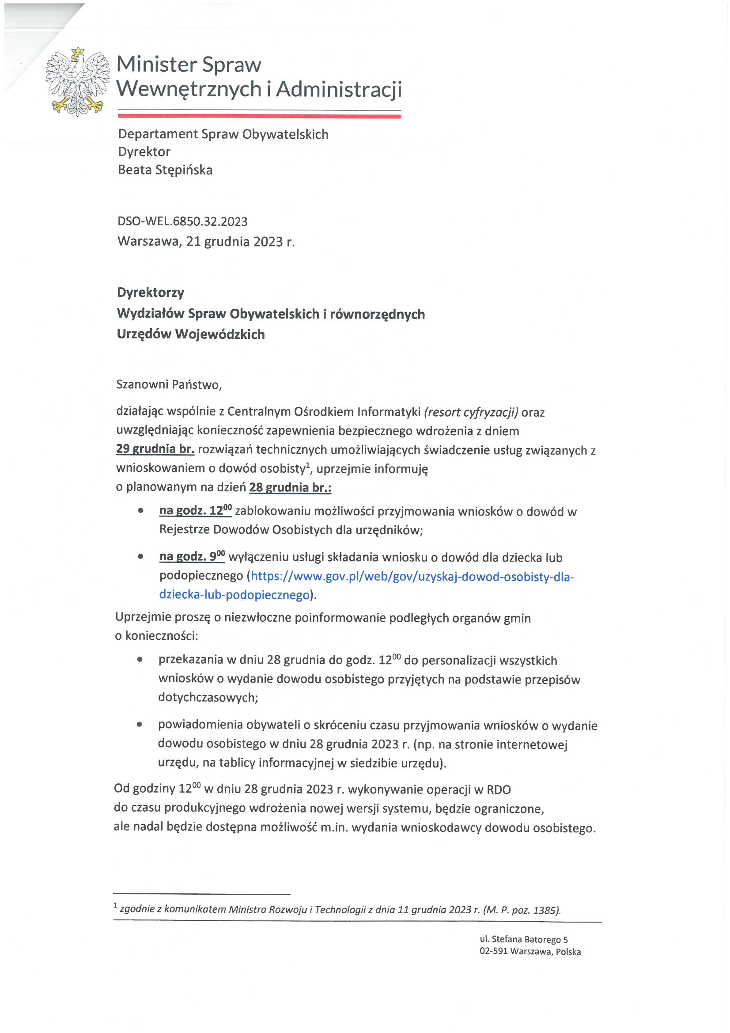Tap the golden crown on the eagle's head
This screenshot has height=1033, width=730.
pos(78,52)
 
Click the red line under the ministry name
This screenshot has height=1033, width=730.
pos(259,116)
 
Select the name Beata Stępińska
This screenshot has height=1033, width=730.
pos(165,170)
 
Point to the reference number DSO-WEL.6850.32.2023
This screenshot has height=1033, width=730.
pos(183,221)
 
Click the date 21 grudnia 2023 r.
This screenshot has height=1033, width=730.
pos(240,242)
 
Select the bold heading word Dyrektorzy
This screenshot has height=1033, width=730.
pos(151,292)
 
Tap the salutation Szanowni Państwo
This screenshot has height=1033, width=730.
pos(169,385)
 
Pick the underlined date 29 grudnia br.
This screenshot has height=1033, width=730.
pos(155,449)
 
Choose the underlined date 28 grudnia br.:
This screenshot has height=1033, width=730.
pos(290,487)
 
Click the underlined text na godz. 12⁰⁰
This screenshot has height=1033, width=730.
pos(196,511)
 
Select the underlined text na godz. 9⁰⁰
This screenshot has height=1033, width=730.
pos(192,557)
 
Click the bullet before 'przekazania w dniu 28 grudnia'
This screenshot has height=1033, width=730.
pos(140,660)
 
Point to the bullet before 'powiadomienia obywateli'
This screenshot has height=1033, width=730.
pos(140,724)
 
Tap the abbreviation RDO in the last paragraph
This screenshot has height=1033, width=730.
pos(498,790)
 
